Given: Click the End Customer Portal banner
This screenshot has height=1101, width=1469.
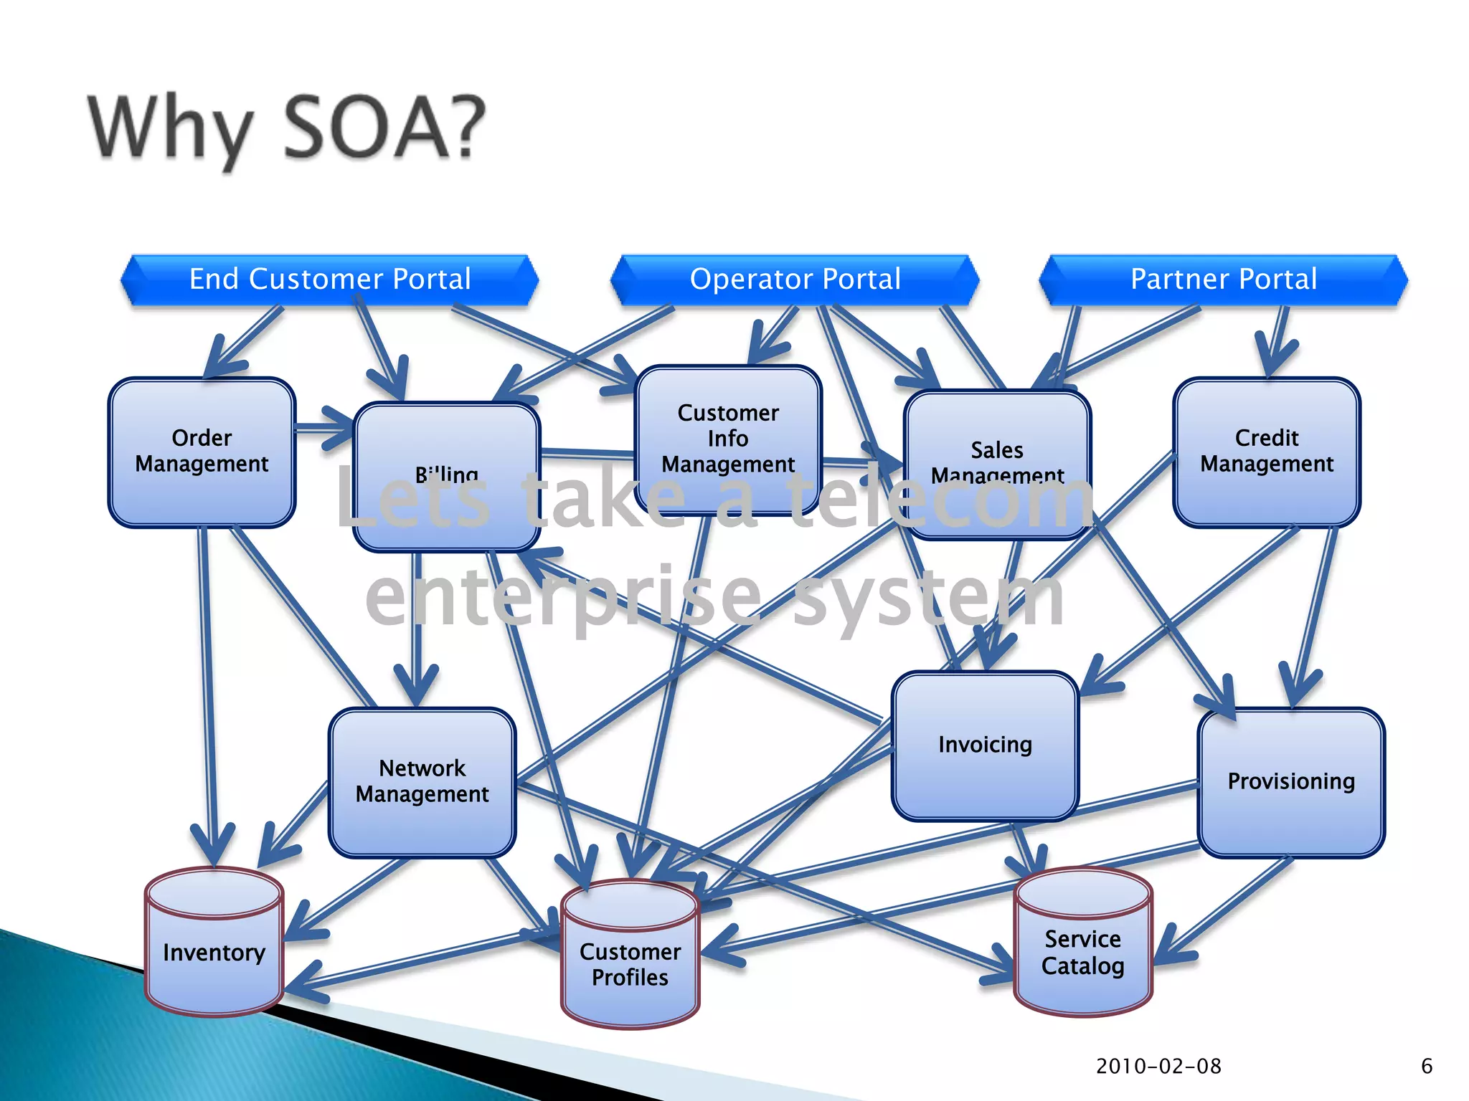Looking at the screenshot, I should [330, 280].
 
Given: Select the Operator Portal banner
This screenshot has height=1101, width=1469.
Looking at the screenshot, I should [795, 280].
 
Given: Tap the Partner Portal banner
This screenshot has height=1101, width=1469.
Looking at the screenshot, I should [1224, 280].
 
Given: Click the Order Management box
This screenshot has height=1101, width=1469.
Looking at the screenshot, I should [202, 452].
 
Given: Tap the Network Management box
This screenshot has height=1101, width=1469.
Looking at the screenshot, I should [422, 781].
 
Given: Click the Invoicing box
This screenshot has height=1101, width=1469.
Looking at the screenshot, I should [985, 745].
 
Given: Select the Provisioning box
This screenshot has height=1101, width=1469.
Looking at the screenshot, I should [1291, 781].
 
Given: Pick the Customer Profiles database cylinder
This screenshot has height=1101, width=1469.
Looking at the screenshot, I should [630, 964].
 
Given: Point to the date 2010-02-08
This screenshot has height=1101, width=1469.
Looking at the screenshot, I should [1158, 1066].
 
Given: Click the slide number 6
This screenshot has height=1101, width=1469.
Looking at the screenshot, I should [1427, 1066].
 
